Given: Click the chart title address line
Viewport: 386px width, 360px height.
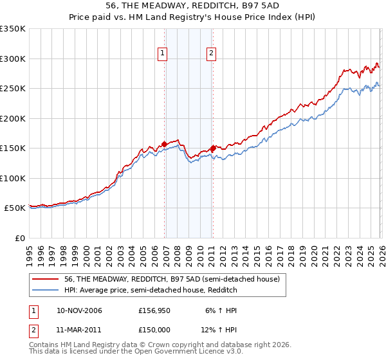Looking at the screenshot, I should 192,6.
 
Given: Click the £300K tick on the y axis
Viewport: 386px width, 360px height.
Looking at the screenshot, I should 13,59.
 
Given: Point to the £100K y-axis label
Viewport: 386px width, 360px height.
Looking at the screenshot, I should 13,178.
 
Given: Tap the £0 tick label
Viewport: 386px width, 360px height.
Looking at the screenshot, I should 19,238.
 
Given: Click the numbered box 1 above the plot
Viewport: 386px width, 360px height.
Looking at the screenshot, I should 163,53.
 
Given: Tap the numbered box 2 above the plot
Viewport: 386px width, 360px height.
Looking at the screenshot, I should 211,53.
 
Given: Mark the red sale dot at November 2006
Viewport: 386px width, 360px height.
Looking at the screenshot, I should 164,144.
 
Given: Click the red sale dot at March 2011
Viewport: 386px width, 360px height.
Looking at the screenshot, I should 213,148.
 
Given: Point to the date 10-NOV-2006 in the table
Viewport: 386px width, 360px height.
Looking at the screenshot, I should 79,310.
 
